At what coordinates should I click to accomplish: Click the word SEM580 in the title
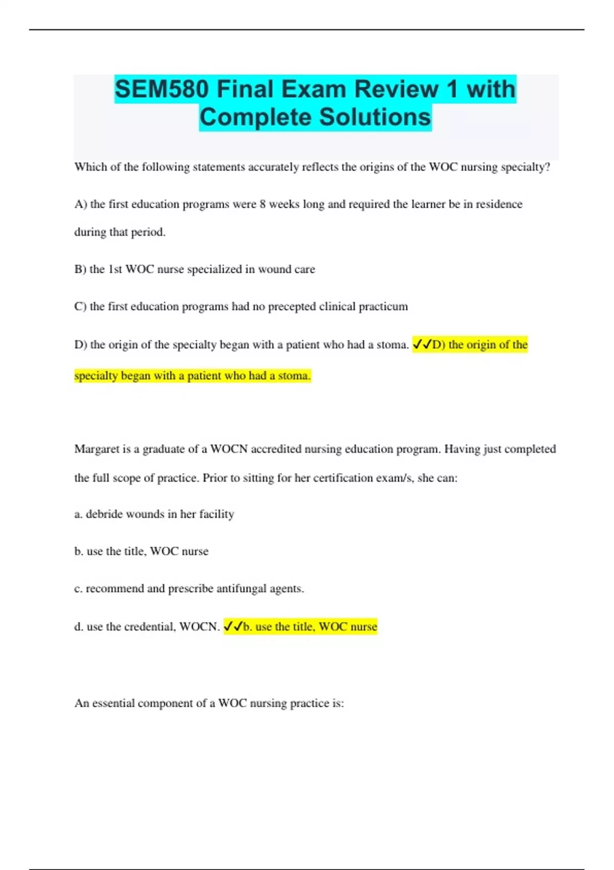click(162, 89)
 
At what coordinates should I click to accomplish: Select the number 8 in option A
click(262, 204)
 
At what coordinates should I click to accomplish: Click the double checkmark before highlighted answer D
click(422, 345)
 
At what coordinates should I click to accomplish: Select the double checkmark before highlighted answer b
click(233, 627)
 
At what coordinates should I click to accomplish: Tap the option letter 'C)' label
click(80, 307)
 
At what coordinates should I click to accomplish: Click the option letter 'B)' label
click(80, 269)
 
